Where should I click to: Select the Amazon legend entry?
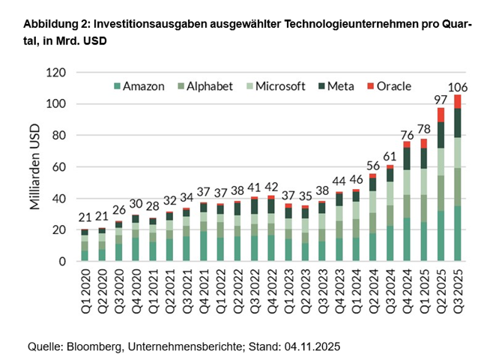click(x=139, y=86)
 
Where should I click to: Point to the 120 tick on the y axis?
click(x=56, y=73)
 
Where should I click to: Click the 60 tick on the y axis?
click(x=59, y=167)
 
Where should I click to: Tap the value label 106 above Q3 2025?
click(x=458, y=88)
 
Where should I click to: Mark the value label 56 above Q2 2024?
click(x=372, y=166)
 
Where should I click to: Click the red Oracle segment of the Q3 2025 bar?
click(x=458, y=101)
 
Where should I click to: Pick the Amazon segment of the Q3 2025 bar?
click(x=458, y=234)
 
